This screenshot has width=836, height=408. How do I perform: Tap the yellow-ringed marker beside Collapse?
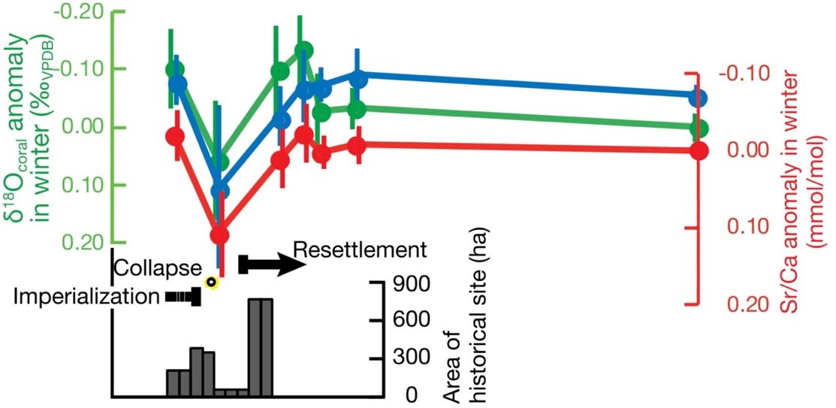click(x=212, y=283)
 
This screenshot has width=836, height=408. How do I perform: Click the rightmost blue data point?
click(x=698, y=98)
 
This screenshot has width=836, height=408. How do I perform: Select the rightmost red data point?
click(x=699, y=151)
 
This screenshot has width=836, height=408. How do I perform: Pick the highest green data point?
click(x=303, y=50)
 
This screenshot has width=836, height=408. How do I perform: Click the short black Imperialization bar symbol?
click(x=183, y=297)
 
